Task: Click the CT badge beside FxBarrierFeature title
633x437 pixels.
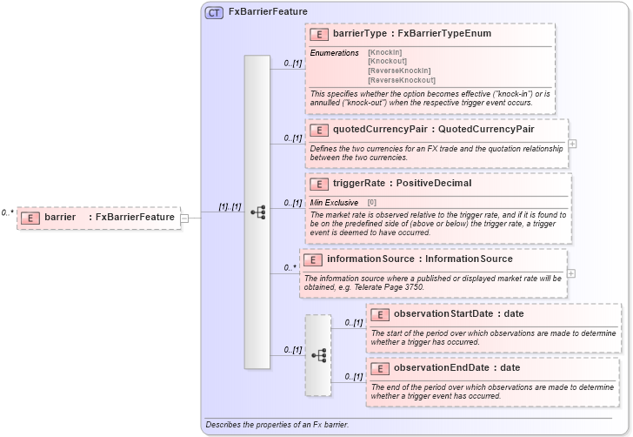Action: (x=214, y=12)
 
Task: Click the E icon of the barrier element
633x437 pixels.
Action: (x=30, y=217)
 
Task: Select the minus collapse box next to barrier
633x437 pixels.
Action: (x=184, y=218)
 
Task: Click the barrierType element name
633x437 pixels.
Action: (x=362, y=34)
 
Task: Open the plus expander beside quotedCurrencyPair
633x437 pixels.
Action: (x=572, y=144)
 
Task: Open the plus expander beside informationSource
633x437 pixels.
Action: (x=571, y=272)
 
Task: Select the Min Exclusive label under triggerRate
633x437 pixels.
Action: (x=335, y=202)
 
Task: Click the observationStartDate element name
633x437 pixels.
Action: (x=442, y=313)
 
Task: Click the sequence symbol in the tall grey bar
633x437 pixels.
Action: (x=257, y=212)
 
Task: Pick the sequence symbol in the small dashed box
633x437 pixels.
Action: (x=318, y=355)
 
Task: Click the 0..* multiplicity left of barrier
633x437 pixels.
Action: (x=8, y=212)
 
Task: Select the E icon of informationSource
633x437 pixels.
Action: (x=312, y=259)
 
